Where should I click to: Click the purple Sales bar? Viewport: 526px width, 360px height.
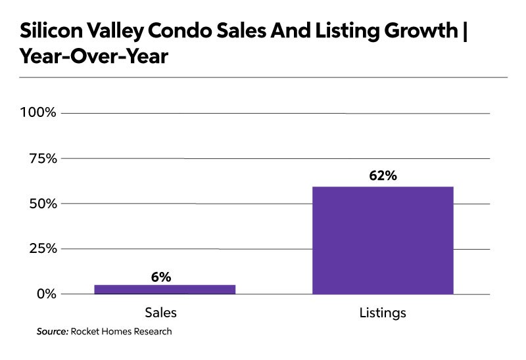[x=165, y=289]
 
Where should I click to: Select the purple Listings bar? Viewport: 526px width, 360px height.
[x=383, y=240]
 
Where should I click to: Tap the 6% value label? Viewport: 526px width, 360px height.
[x=160, y=277]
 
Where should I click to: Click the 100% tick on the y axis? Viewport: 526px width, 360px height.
[x=39, y=113]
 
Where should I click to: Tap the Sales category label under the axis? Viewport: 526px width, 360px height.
[x=160, y=313]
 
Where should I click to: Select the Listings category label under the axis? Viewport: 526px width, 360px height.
[x=383, y=313]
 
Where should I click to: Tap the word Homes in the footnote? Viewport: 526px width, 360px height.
[x=116, y=332]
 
